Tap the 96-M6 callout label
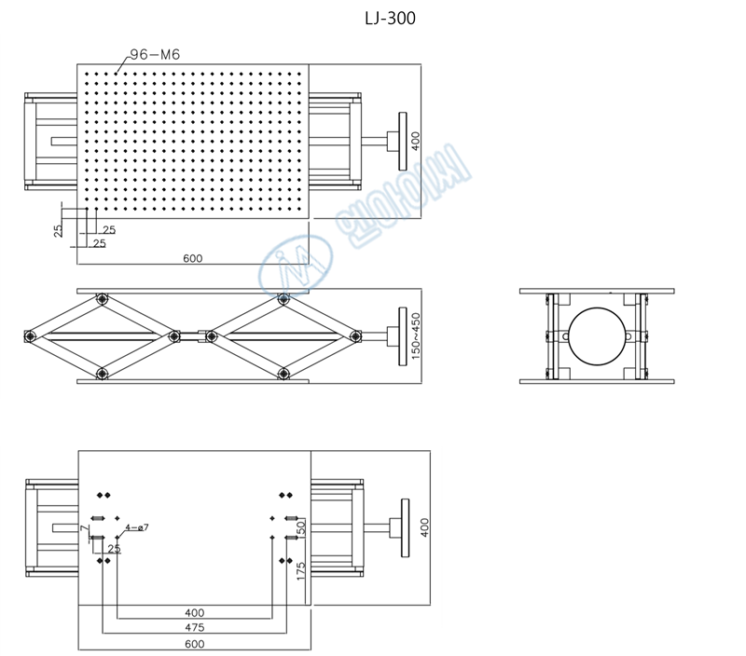coord(155,55)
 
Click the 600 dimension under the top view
coord(193,258)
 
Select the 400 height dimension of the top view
coord(416,141)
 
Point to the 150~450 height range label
coord(416,335)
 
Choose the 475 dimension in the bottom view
coord(194,627)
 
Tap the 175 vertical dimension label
coord(300,571)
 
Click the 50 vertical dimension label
coord(300,528)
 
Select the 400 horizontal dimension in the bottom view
coord(194,612)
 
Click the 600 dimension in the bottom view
coord(194,643)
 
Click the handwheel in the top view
coord(403,141)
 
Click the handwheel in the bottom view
coord(405,528)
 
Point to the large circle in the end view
coord(597,335)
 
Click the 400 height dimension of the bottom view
coord(425,528)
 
